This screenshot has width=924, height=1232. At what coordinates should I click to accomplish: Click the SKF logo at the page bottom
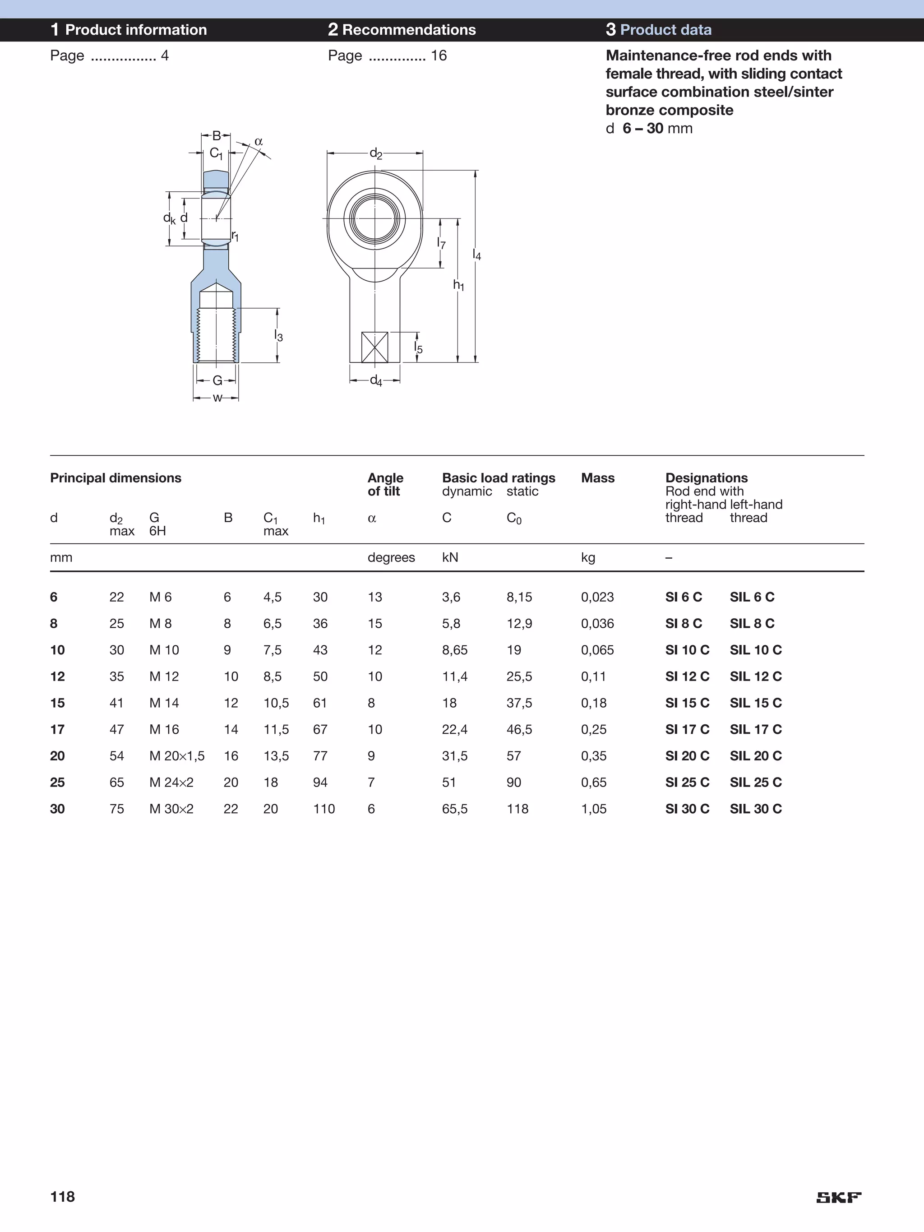click(x=838, y=1197)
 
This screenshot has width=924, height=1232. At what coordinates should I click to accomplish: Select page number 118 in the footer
click(x=62, y=1196)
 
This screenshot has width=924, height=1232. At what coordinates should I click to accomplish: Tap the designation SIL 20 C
click(x=755, y=756)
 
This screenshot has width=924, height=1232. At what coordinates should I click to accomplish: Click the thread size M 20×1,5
click(x=176, y=756)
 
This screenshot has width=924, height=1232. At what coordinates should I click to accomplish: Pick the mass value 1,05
click(x=593, y=809)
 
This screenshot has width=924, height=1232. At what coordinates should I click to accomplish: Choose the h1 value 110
click(x=323, y=809)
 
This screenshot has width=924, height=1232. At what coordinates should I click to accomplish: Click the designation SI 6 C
click(x=684, y=597)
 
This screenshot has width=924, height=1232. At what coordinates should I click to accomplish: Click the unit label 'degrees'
click(x=391, y=557)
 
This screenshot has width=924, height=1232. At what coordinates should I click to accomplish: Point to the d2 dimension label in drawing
click(x=376, y=153)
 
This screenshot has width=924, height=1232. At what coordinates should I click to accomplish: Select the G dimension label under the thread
click(x=217, y=380)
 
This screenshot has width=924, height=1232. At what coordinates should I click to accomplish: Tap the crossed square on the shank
click(x=374, y=347)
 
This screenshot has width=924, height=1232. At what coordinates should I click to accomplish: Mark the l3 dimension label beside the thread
click(x=278, y=336)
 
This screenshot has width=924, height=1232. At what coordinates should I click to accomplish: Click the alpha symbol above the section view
click(x=259, y=141)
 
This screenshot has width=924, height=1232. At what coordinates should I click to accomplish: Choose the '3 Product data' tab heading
click(x=658, y=29)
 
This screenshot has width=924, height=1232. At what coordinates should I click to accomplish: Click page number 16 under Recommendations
click(x=439, y=56)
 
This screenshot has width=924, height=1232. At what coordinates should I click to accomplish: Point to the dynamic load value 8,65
click(x=454, y=650)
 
